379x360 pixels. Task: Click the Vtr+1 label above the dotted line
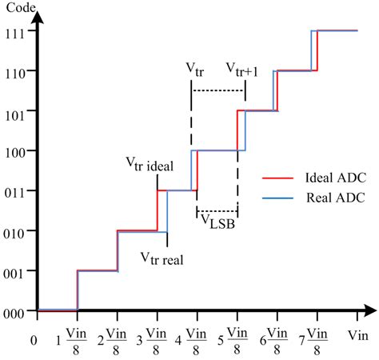(x=242, y=70)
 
